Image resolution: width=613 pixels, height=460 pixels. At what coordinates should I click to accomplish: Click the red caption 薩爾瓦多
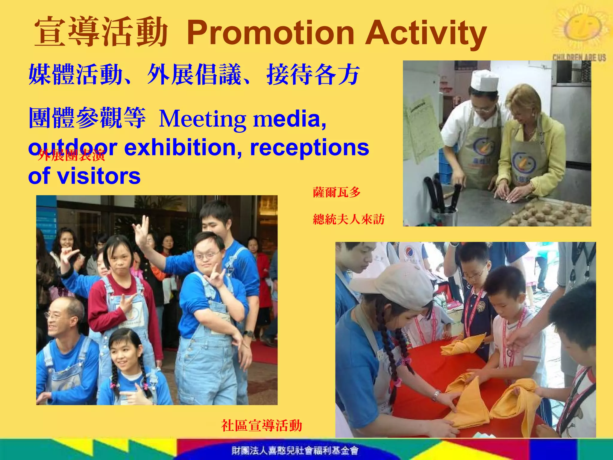pyautogui.click(x=336, y=192)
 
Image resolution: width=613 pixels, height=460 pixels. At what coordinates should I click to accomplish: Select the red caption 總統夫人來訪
pyautogui.click(x=348, y=220)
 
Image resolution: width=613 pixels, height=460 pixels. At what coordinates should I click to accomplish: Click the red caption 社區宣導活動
pyautogui.click(x=262, y=426)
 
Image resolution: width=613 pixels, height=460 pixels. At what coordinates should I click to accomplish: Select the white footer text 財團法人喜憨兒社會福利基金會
pyautogui.click(x=295, y=450)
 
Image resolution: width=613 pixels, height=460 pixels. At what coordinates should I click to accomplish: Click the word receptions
pyautogui.click(x=309, y=147)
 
